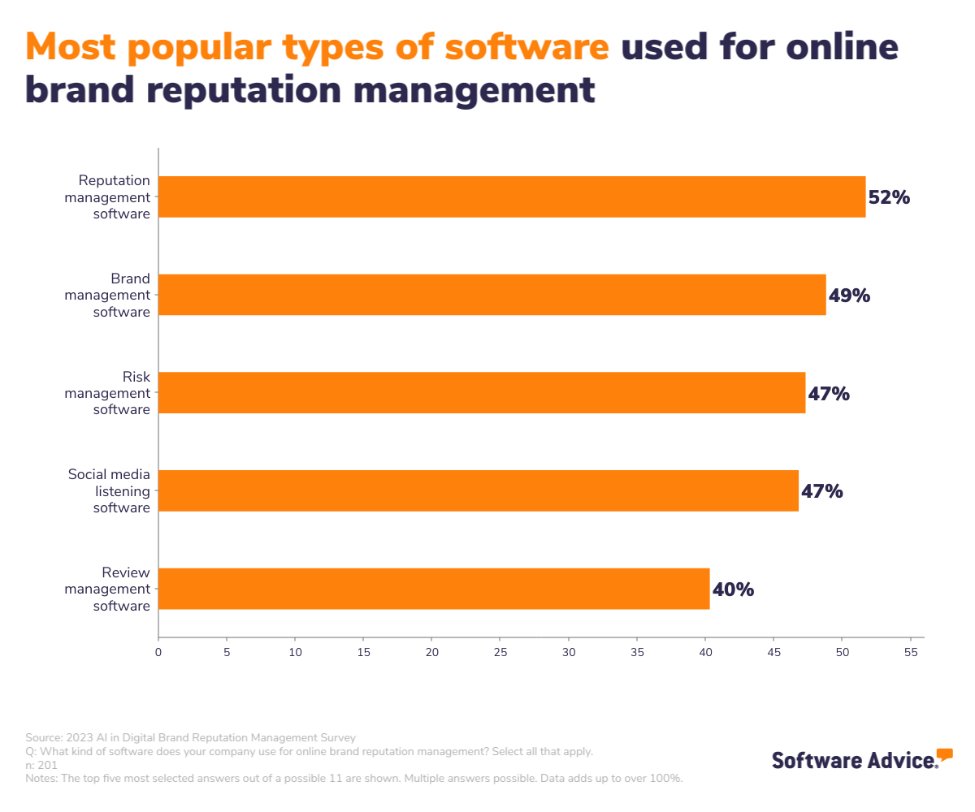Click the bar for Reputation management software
click(512, 197)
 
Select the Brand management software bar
click(492, 295)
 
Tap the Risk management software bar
click(482, 393)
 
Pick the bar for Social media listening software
click(479, 490)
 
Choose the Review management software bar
click(434, 589)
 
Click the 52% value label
click(889, 197)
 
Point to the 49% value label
click(849, 296)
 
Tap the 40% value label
click(733, 590)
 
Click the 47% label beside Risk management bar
click(829, 394)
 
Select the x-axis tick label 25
click(500, 652)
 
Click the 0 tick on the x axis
click(158, 652)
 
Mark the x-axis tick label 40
click(706, 652)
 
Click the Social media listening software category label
click(109, 491)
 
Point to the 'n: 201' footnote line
click(41, 765)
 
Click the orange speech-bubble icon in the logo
click(944, 754)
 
